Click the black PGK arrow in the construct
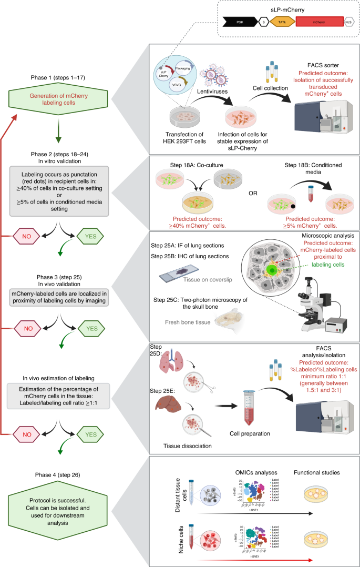coord(240,22)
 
